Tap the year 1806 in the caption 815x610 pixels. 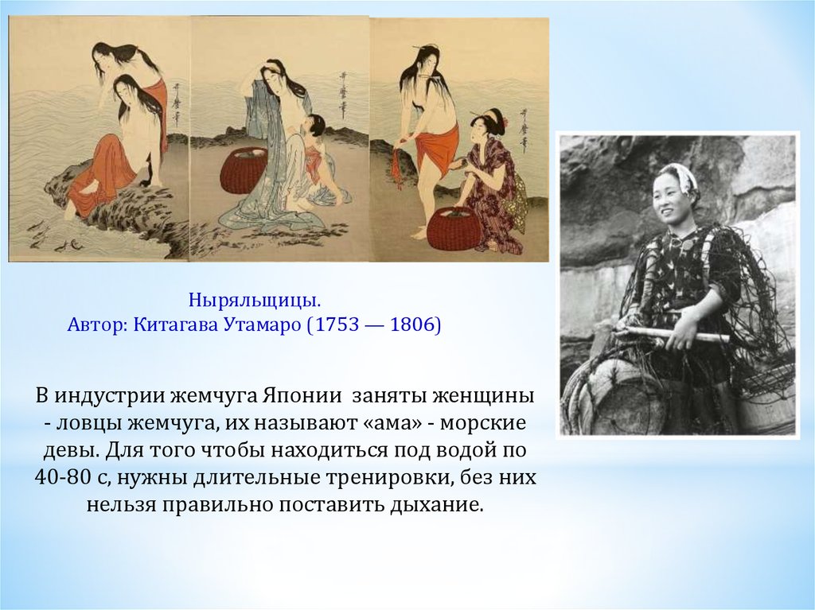coord(411,324)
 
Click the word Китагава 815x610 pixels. coord(176,324)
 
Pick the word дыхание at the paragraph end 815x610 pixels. coord(437,505)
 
